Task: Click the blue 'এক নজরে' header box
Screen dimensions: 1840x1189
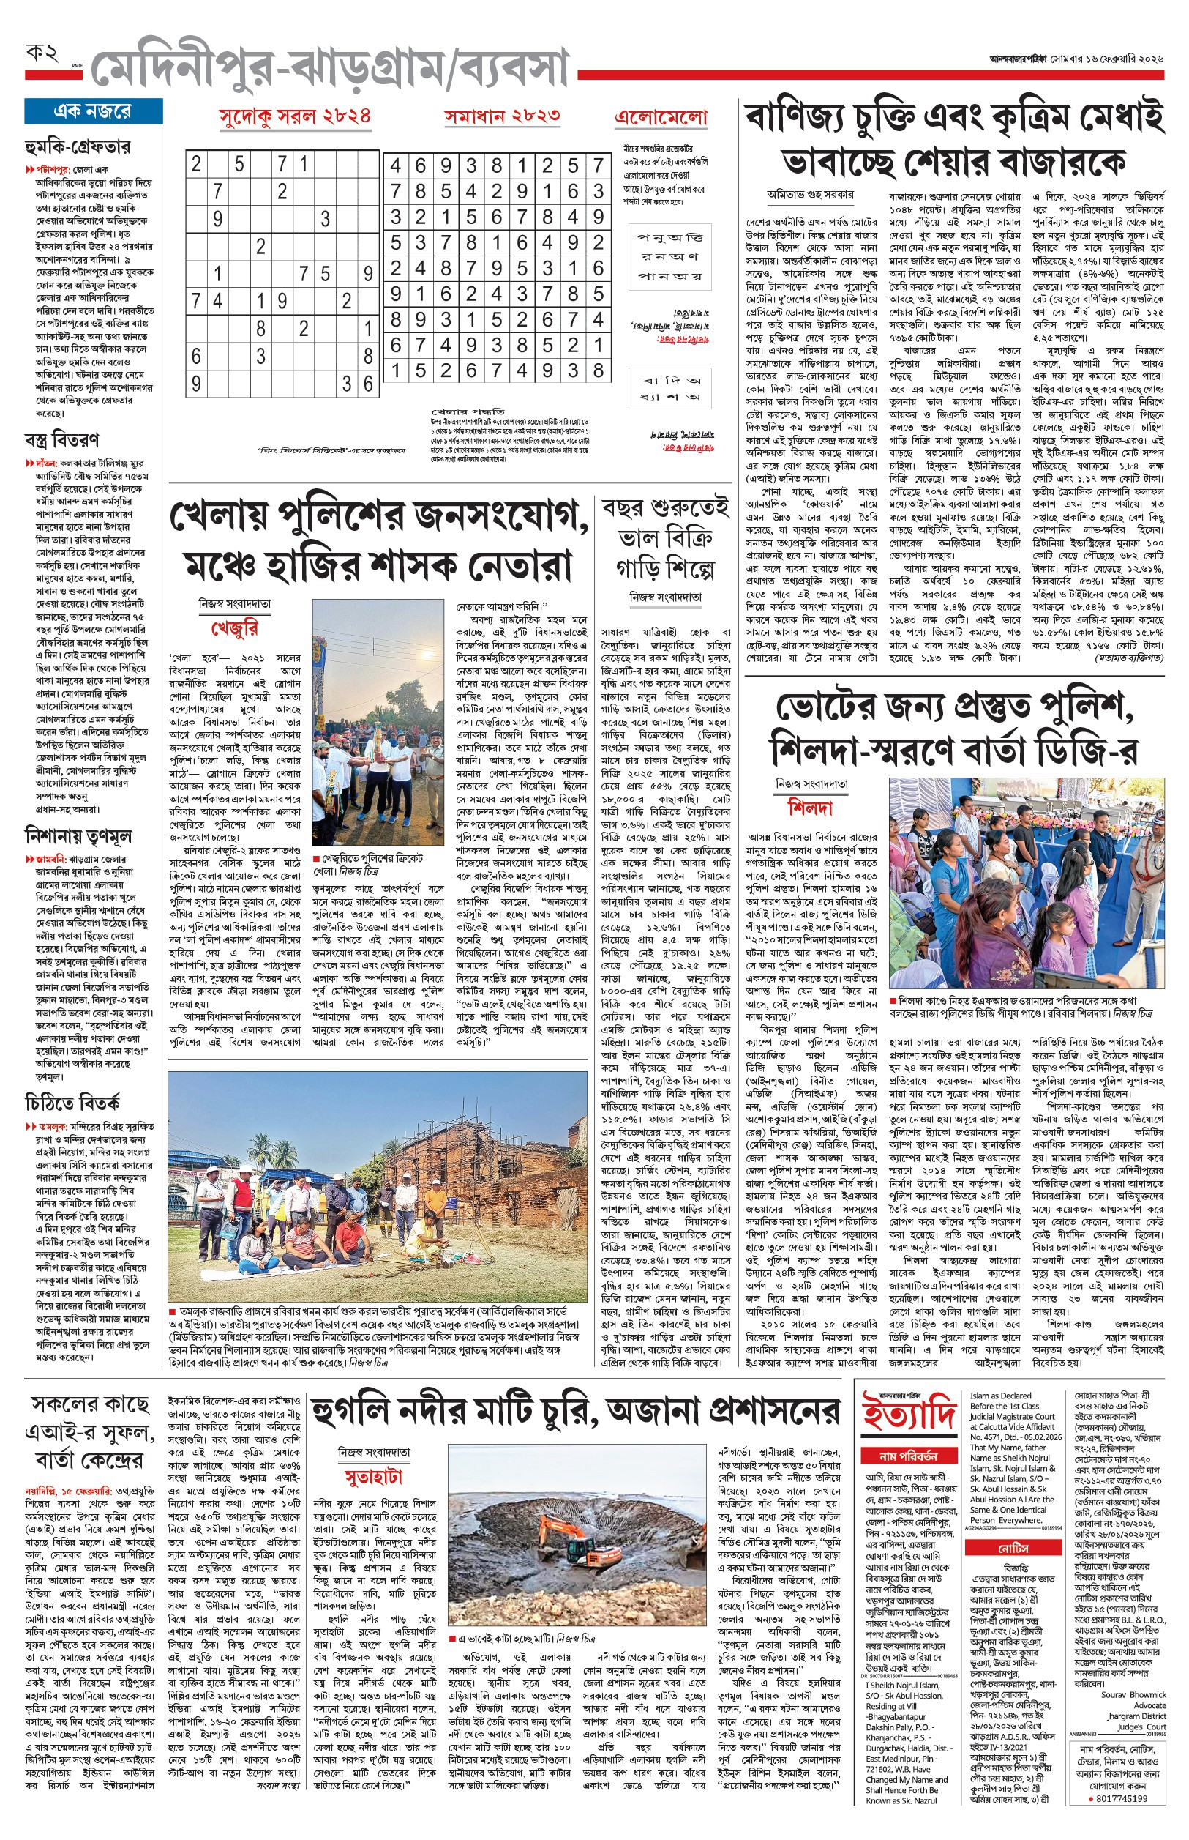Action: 93,111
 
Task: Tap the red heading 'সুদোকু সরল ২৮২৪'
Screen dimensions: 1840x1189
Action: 295,116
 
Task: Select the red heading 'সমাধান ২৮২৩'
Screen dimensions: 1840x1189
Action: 502,116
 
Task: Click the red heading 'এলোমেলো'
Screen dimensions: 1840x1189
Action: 661,117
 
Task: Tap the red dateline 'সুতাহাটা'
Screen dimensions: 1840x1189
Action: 374,1477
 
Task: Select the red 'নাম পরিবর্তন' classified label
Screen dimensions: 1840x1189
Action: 908,1456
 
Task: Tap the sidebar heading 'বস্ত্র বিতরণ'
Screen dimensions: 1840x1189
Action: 61,440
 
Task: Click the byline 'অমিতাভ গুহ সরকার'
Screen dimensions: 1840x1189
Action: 810,195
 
